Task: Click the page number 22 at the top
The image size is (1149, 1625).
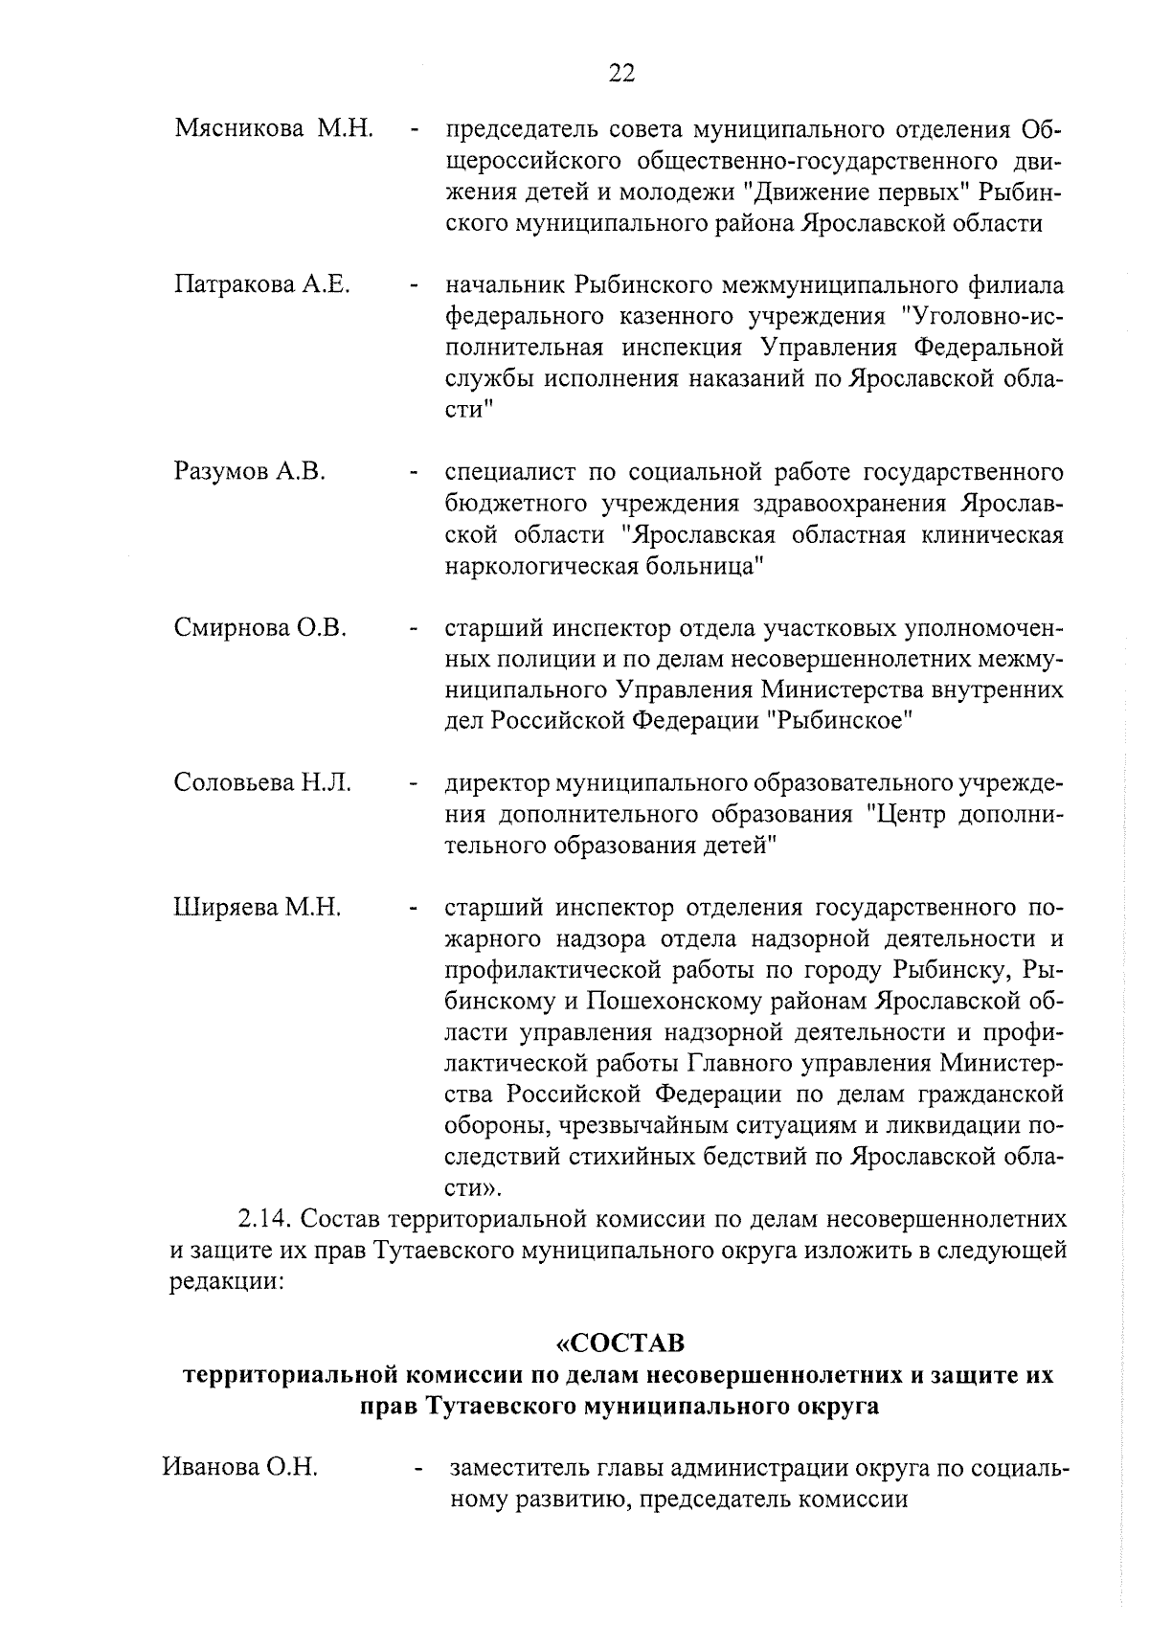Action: coord(621,74)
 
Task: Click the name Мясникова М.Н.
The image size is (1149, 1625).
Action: coord(274,128)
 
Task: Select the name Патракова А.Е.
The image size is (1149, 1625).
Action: coord(261,285)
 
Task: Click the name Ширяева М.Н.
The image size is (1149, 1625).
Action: coord(258,907)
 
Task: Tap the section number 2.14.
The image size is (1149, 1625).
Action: coord(265,1220)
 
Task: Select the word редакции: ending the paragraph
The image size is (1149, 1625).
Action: coord(227,1283)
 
